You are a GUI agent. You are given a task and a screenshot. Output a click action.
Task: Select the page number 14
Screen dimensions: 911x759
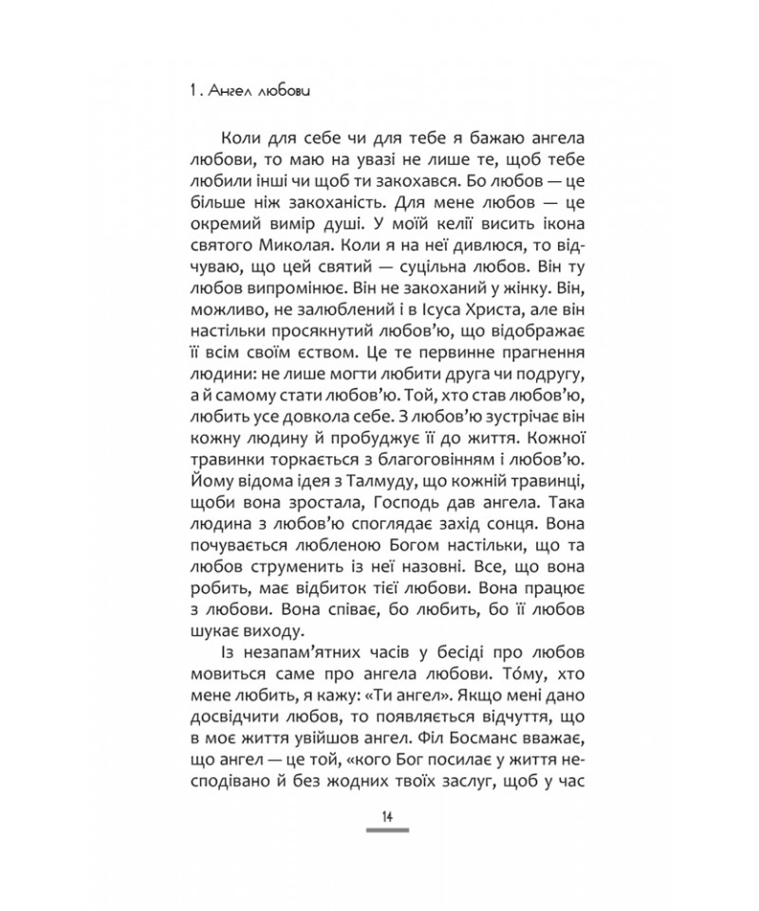tap(387, 819)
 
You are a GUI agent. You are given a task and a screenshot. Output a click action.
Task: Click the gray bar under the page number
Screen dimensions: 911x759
tap(387, 832)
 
